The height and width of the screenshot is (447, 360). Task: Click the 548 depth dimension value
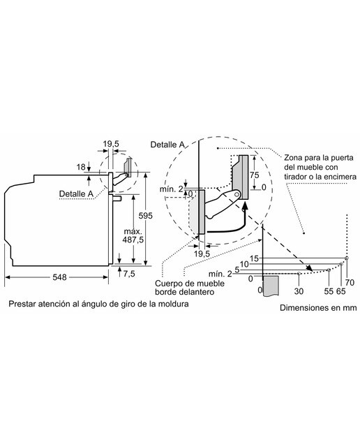pyautogui.click(x=59, y=277)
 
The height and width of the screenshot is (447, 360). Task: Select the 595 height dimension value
pyautogui.click(x=146, y=216)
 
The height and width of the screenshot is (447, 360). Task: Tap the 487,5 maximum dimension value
pyautogui.click(x=133, y=240)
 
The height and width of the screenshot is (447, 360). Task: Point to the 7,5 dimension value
pyautogui.click(x=129, y=274)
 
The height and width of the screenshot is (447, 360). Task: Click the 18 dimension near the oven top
pyautogui.click(x=81, y=167)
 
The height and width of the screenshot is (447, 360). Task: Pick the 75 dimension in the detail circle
pyautogui.click(x=255, y=175)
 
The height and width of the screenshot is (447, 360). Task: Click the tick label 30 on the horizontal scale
pyautogui.click(x=299, y=291)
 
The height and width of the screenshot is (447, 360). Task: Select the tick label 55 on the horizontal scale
pyautogui.click(x=329, y=291)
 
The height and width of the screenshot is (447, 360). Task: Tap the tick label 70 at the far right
pyautogui.click(x=350, y=282)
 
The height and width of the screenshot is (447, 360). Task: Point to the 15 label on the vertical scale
pyautogui.click(x=254, y=258)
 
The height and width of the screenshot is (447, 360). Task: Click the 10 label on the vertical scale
pyautogui.click(x=244, y=264)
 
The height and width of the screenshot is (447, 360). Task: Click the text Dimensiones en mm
pyautogui.click(x=318, y=308)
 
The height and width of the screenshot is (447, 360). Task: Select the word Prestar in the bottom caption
pyautogui.click(x=22, y=304)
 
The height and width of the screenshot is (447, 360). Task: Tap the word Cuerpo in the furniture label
pyautogui.click(x=168, y=284)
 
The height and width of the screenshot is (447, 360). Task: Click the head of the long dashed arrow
pyautogui.click(x=309, y=268)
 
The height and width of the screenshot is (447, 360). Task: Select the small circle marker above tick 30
pyautogui.click(x=299, y=273)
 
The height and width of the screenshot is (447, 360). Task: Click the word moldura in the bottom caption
pyautogui.click(x=174, y=304)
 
